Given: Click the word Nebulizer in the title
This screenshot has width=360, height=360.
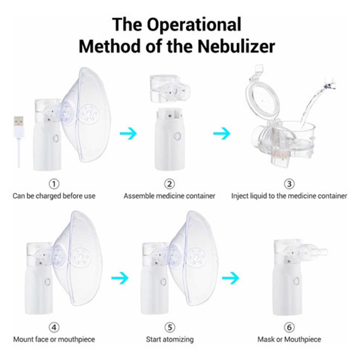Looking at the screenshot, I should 236,46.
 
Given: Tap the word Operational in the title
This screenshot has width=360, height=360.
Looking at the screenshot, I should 194,24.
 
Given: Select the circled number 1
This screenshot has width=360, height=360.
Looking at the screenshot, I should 54,184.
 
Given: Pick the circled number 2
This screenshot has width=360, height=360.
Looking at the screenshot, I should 170,184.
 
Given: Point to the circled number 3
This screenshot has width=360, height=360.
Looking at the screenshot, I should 289,184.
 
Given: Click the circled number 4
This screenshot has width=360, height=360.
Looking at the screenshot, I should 54,327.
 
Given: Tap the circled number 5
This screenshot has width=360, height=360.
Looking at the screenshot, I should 170,327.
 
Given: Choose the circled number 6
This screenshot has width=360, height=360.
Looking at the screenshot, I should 289,327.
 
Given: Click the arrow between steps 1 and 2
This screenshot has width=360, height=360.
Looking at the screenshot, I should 128,133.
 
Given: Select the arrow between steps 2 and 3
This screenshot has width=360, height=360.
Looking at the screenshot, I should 222,133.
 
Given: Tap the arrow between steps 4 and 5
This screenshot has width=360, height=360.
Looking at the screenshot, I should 120,278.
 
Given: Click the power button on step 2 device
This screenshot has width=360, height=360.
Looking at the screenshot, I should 177,136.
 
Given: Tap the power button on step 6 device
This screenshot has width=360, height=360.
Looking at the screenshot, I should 296,281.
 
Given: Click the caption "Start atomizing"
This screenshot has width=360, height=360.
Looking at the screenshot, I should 170,339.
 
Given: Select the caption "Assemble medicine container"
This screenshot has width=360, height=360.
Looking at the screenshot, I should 169,196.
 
